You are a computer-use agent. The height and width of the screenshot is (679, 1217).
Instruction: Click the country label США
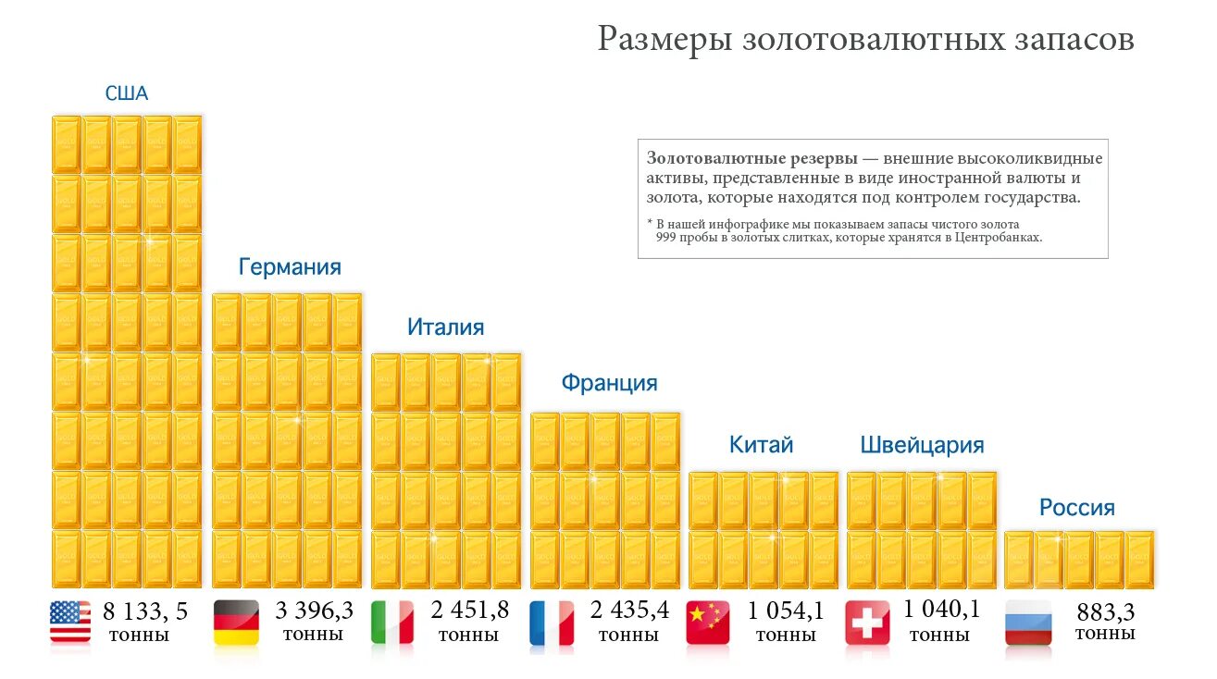(126, 93)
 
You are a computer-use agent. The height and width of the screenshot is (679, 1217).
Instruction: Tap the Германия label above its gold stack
(290, 267)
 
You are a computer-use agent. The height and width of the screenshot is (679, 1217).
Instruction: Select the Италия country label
(445, 327)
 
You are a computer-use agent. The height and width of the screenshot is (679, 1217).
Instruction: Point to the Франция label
(609, 383)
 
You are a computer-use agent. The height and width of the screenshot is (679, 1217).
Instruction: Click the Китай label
(762, 445)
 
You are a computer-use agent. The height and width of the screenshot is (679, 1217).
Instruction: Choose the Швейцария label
(922, 445)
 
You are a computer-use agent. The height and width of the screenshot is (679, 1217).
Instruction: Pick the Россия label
(1077, 507)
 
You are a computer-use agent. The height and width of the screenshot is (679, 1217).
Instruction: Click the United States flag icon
(70, 622)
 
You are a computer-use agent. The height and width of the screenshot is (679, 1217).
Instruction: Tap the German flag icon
(235, 622)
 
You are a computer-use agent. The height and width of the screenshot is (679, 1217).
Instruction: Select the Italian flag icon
(392, 622)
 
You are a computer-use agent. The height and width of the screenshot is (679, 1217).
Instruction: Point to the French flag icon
(552, 622)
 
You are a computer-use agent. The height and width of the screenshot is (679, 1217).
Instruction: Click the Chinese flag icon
(708, 622)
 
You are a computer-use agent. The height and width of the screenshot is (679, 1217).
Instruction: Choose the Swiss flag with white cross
(867, 622)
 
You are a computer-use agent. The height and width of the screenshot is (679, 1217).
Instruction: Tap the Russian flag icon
(1028, 622)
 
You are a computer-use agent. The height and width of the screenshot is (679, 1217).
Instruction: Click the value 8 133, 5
(145, 611)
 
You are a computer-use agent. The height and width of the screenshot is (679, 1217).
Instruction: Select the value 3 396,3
(315, 611)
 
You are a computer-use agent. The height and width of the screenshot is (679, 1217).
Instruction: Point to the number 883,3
(1105, 612)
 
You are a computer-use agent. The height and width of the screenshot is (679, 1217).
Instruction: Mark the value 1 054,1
(786, 611)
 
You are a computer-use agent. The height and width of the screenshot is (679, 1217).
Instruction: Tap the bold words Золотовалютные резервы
(751, 158)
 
